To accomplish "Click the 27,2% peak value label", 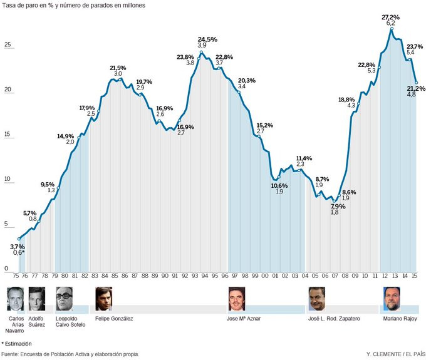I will [x=390, y=17].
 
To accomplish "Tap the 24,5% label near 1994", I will [x=207, y=39].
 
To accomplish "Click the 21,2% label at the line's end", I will [x=416, y=88].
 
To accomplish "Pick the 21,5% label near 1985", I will [x=118, y=68].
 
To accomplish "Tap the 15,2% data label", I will [x=264, y=125].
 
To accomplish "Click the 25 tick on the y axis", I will [x=8, y=45].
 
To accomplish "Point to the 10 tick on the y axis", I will [x=8, y=180].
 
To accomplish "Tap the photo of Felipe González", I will [x=103, y=299].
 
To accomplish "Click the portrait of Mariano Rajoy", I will [x=392, y=299].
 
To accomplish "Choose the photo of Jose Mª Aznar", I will [x=236, y=299].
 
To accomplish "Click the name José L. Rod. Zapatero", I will [x=334, y=319].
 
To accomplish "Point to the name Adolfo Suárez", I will [x=37, y=322].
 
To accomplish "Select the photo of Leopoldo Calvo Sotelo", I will [x=65, y=299].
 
